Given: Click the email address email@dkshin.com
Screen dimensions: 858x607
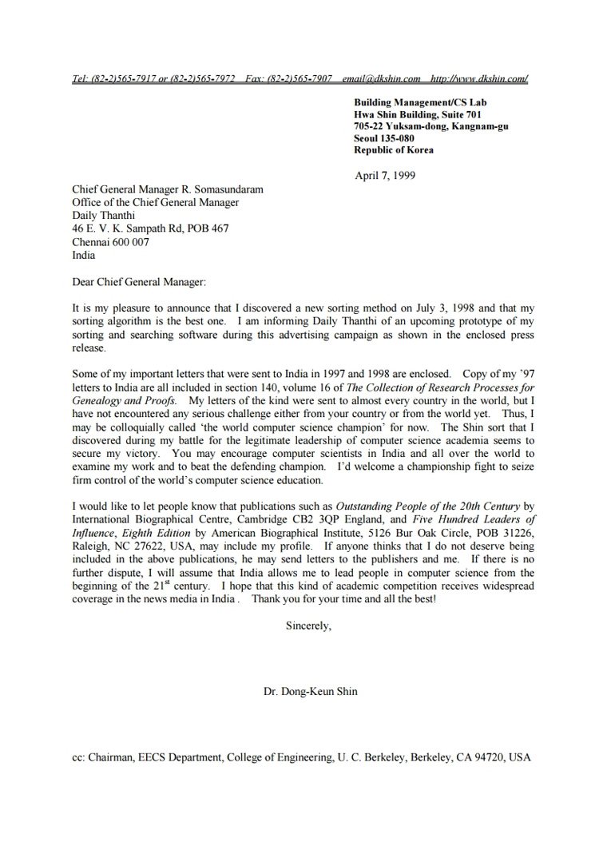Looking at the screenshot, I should tap(381, 78).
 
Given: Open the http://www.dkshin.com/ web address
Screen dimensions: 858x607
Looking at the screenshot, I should tap(479, 78).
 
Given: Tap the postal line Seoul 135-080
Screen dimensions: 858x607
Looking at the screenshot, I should tap(384, 138).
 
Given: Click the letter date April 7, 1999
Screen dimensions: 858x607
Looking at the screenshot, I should tap(385, 176).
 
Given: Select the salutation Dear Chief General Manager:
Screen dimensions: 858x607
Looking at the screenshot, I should tap(139, 282).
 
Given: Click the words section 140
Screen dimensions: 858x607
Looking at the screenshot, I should tap(240, 387).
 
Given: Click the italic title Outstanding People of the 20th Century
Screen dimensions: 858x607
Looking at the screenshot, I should tap(427, 506).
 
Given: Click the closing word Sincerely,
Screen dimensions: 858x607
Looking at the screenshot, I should tap(308, 626).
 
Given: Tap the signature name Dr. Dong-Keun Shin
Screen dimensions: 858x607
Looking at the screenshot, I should tap(311, 691).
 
